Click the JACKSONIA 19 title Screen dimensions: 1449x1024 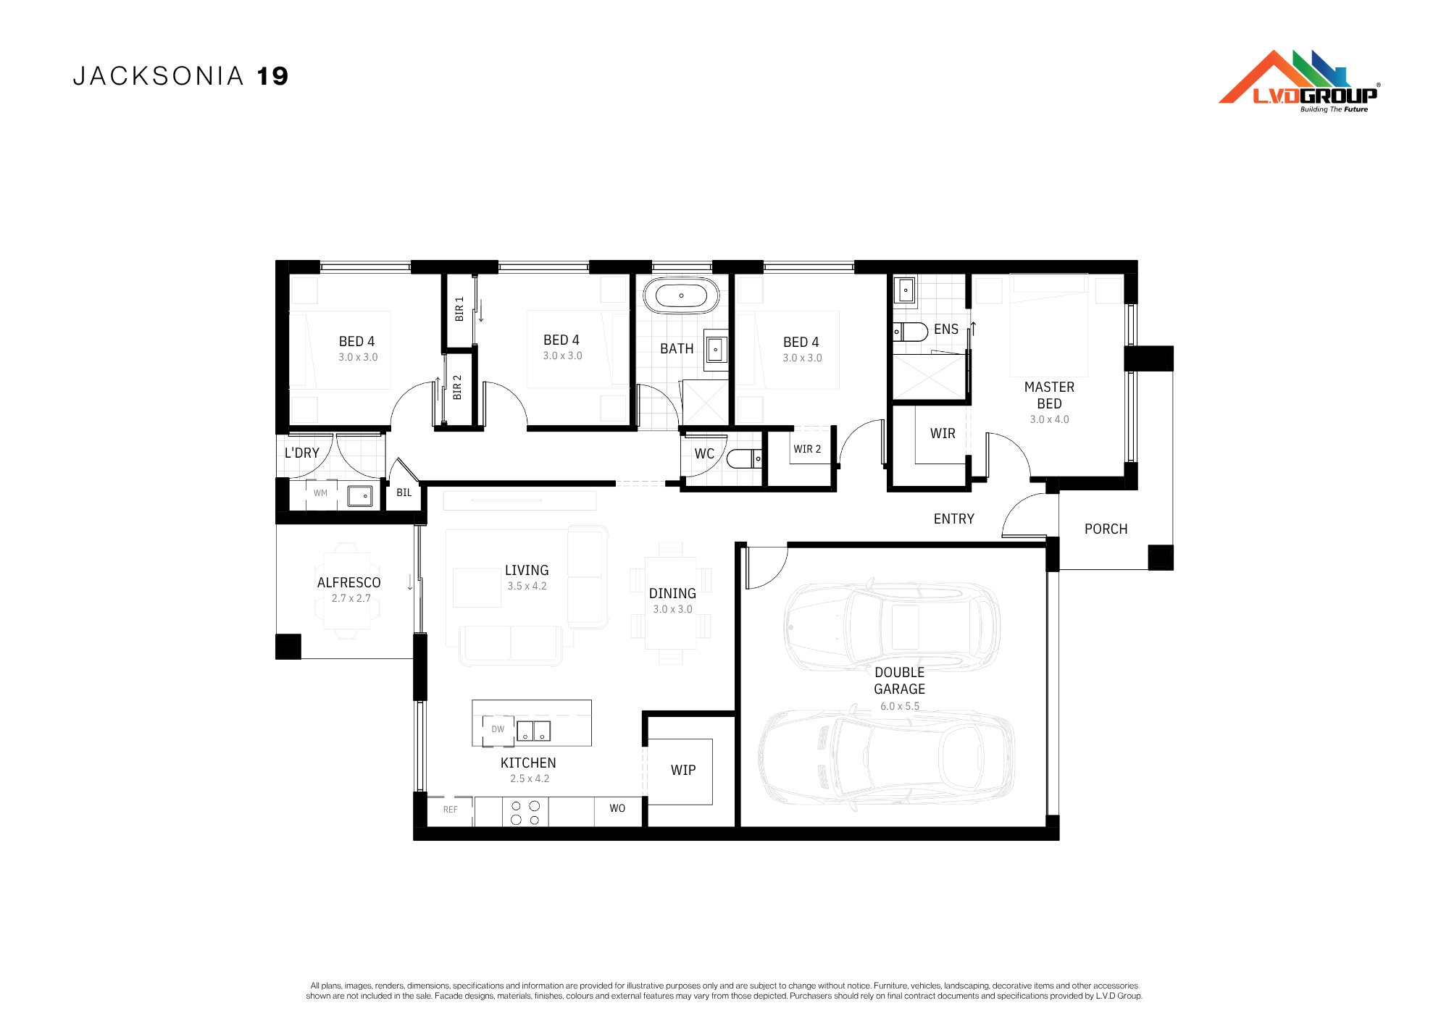click(180, 76)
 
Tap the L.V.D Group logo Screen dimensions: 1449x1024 click(1300, 81)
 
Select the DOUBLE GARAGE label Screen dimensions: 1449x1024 click(900, 681)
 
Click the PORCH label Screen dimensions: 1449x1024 click(1106, 529)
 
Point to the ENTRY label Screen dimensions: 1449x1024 click(954, 519)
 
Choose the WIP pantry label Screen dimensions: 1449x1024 click(683, 771)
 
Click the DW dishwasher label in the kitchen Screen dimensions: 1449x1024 click(498, 729)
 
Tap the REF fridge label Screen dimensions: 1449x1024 click(451, 810)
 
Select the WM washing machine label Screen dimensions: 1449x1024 click(320, 493)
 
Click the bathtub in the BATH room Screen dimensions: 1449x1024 click(681, 295)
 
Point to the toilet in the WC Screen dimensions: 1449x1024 click(744, 459)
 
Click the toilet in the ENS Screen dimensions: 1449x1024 click(910, 332)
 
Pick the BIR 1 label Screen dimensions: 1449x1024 click(459, 309)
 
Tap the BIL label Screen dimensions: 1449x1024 click(404, 493)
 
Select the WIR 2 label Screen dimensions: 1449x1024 click(807, 449)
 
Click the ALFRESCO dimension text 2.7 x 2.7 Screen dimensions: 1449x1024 click(351, 598)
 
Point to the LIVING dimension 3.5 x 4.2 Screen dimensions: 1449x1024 click(527, 586)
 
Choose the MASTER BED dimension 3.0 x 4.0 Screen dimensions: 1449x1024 click(1049, 419)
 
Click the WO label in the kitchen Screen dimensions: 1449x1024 click(617, 808)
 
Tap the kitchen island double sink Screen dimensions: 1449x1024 click(533, 731)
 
